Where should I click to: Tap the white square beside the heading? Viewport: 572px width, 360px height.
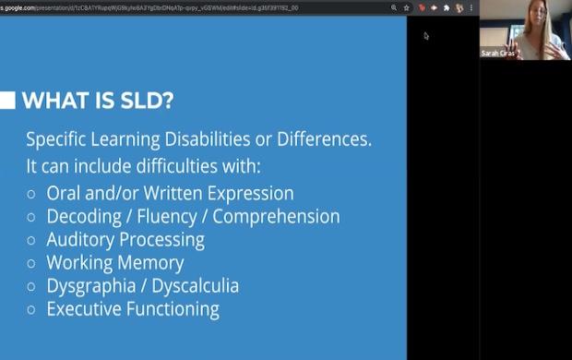(7, 100)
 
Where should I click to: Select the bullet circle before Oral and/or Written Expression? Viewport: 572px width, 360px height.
(31, 195)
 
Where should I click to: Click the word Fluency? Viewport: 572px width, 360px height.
(173, 217)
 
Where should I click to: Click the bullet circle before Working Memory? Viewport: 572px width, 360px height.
(31, 263)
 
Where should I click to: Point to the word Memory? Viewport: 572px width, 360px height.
(149, 263)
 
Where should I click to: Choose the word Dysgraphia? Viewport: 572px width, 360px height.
(94, 286)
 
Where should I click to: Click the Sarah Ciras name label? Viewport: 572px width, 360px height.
(498, 54)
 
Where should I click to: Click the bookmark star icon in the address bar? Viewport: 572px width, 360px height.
(407, 7)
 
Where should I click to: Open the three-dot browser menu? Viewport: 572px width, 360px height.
(471, 7)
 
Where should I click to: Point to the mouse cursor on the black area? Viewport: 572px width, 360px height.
(425, 36)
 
